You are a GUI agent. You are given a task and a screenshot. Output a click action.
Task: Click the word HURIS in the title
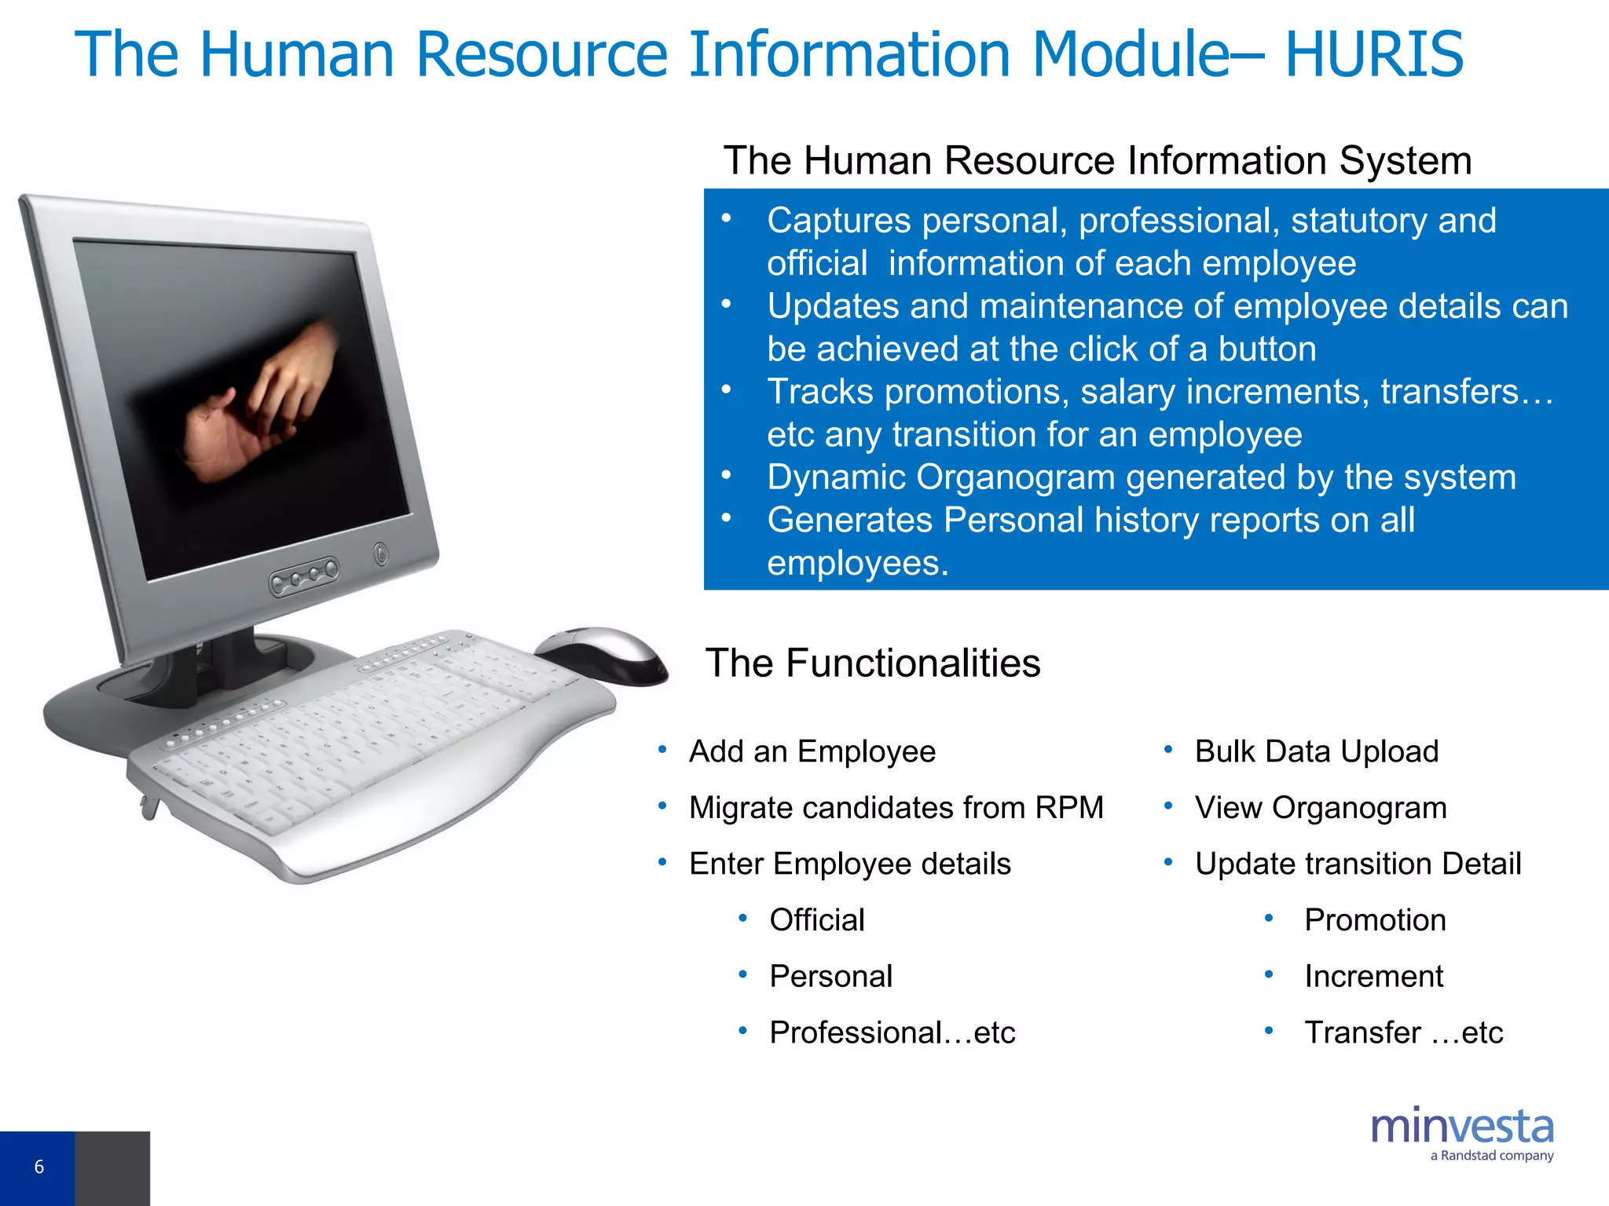click(1374, 54)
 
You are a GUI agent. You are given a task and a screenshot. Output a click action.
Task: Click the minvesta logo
click(1462, 1127)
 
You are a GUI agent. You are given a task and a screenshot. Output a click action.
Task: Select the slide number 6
click(39, 1167)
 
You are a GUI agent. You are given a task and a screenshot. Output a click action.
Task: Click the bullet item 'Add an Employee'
click(812, 751)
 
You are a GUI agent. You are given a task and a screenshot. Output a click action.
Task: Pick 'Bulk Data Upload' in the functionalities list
click(1317, 751)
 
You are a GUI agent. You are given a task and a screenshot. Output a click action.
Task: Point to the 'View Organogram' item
click(1321, 808)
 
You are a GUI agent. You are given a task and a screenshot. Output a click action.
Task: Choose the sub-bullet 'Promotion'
click(1375, 920)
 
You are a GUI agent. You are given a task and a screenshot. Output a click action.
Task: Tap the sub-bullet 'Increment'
click(1373, 977)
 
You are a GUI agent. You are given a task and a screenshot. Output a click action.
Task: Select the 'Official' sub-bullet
click(817, 920)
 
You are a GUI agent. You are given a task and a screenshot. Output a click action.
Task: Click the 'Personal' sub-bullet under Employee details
click(831, 977)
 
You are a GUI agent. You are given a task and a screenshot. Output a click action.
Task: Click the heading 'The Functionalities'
click(873, 663)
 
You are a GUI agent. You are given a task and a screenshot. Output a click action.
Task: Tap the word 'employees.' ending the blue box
click(858, 563)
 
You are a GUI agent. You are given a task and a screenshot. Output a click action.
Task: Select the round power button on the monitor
click(381, 554)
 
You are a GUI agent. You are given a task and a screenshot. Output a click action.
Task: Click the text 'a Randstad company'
click(1492, 1156)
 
